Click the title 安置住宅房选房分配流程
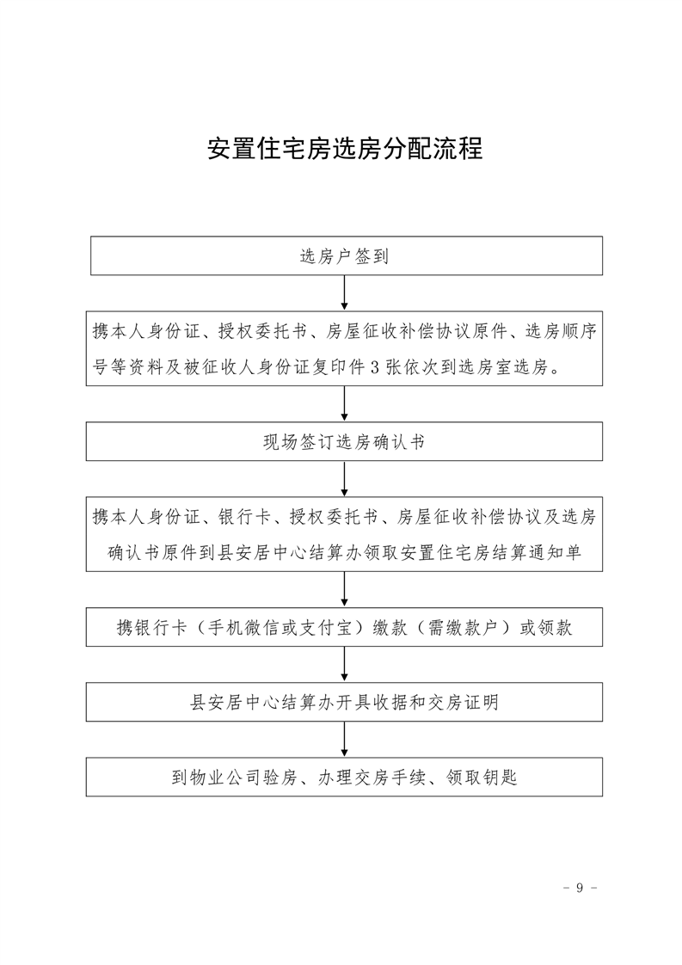click(x=345, y=148)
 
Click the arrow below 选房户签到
click(x=345, y=292)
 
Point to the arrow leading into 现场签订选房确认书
click(x=345, y=403)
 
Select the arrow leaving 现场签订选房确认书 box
click(x=345, y=479)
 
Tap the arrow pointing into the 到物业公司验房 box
click(x=345, y=739)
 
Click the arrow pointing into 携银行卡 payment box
click(x=345, y=590)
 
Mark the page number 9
click(x=579, y=888)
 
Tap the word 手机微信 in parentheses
click(x=243, y=628)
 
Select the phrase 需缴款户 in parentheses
click(x=463, y=628)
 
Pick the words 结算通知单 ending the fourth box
click(x=538, y=553)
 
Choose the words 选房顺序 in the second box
click(x=561, y=332)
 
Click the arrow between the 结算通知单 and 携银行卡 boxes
click(x=345, y=590)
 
